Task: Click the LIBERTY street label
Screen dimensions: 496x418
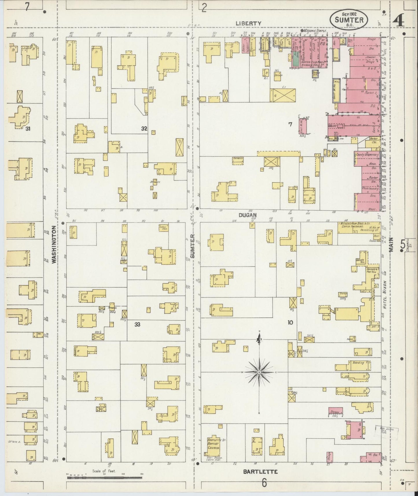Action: coord(248,23)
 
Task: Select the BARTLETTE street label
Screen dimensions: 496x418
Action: coord(260,472)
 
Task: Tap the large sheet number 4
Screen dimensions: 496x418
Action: coord(399,21)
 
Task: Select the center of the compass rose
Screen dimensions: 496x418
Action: coord(259,372)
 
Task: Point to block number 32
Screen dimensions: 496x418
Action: coord(144,129)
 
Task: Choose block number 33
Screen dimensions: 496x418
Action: coord(137,325)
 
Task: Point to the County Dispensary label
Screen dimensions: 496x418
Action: coord(367,155)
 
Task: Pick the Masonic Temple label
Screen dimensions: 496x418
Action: coord(315,31)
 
